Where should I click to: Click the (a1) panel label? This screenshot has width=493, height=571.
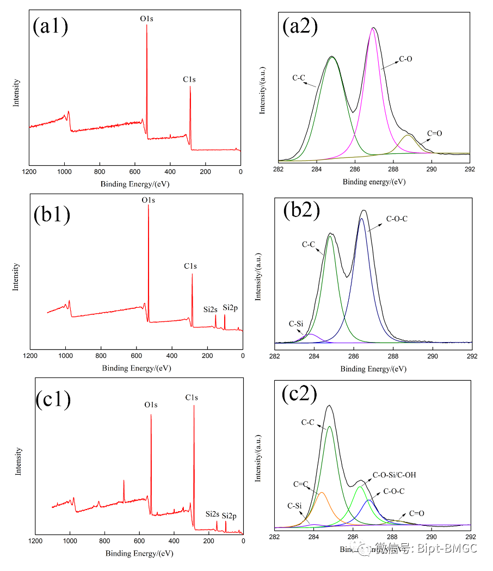51,26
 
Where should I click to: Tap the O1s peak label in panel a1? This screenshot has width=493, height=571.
147,19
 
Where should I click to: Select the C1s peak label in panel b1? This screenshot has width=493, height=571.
190,266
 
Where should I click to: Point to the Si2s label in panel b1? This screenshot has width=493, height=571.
211,309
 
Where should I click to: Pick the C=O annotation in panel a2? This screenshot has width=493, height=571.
435,133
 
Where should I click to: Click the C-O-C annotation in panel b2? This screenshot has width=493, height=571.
397,219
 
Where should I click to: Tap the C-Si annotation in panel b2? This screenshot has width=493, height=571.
295,324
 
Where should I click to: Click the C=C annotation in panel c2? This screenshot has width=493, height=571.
300,483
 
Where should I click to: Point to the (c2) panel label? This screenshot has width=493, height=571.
300,394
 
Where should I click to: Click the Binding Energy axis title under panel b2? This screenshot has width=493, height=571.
373,369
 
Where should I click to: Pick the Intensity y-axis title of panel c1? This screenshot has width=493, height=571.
19,461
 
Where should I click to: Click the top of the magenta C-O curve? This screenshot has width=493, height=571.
373,28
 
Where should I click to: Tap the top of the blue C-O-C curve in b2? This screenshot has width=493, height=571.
362,219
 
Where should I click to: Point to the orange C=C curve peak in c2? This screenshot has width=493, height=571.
322,492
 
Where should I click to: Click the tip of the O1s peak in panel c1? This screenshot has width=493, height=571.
151,415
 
